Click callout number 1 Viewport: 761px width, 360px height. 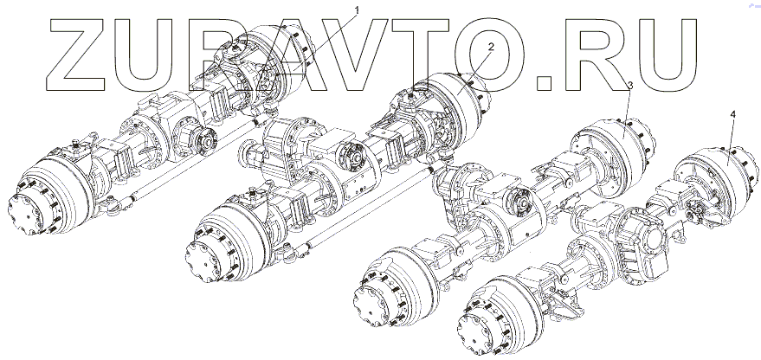tap(358, 10)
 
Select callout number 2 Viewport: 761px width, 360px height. tap(491, 47)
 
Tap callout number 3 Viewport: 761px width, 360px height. tap(630, 86)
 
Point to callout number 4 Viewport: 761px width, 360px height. tap(732, 114)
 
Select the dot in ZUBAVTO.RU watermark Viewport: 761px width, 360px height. tap(545, 83)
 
